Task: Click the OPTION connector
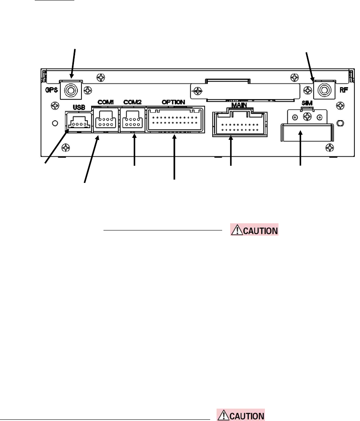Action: [x=175, y=119]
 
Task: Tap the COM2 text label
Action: [x=130, y=102]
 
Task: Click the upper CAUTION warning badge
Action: [x=254, y=230]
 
